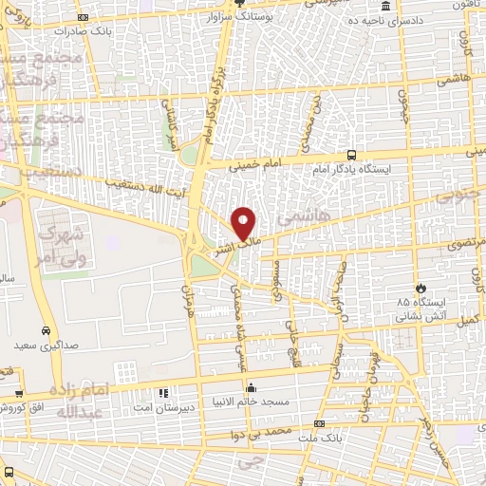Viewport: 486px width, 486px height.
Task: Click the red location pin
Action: click(244, 223)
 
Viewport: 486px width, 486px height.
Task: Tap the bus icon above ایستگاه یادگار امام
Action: click(351, 155)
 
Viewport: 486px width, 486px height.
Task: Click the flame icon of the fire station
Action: click(420, 287)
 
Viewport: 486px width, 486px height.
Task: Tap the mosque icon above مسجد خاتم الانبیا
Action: click(251, 387)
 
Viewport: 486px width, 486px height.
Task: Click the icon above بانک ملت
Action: click(319, 423)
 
